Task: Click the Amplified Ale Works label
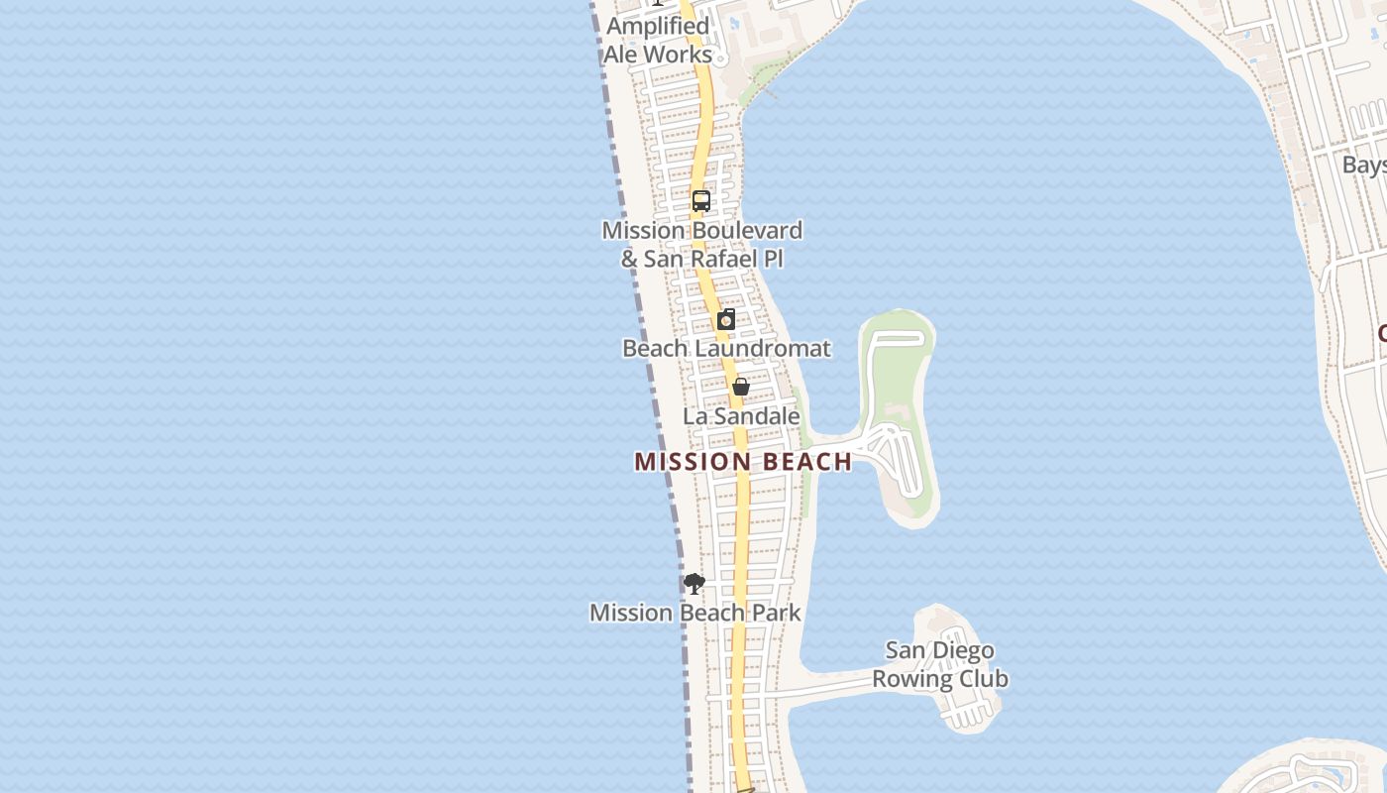pyautogui.click(x=658, y=41)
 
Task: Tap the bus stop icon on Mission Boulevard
pyautogui.click(x=701, y=201)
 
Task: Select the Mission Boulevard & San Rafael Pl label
pyautogui.click(x=701, y=245)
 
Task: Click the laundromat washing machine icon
pyautogui.click(x=726, y=319)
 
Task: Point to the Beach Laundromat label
pyautogui.click(x=726, y=349)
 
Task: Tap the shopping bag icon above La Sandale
pyautogui.click(x=740, y=387)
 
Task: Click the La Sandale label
pyautogui.click(x=741, y=416)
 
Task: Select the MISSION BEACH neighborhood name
pyautogui.click(x=743, y=462)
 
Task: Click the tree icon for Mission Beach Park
pyautogui.click(x=694, y=584)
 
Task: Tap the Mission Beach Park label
pyautogui.click(x=695, y=613)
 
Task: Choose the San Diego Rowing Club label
pyautogui.click(x=940, y=665)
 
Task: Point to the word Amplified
pyautogui.click(x=658, y=27)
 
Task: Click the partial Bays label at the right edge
pyautogui.click(x=1364, y=165)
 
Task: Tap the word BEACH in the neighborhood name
pyautogui.click(x=805, y=462)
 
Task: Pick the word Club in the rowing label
pyautogui.click(x=984, y=679)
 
